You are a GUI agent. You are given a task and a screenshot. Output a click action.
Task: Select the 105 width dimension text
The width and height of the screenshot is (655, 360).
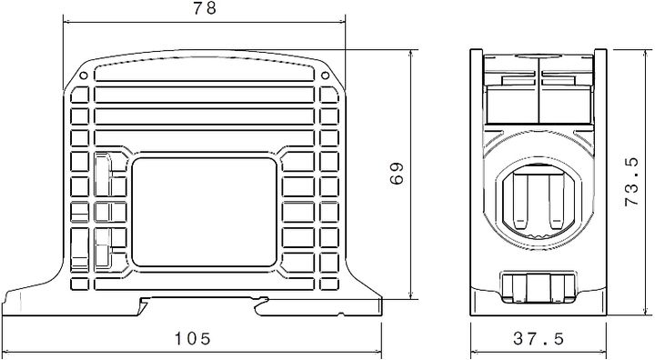click(x=193, y=339)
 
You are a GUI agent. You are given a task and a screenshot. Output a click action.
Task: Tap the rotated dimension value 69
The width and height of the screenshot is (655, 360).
click(x=396, y=175)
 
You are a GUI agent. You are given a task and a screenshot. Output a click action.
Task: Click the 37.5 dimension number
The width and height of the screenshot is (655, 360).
click(x=537, y=339)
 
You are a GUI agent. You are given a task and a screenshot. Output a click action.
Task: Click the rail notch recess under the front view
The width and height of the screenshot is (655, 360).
click(x=204, y=305)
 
